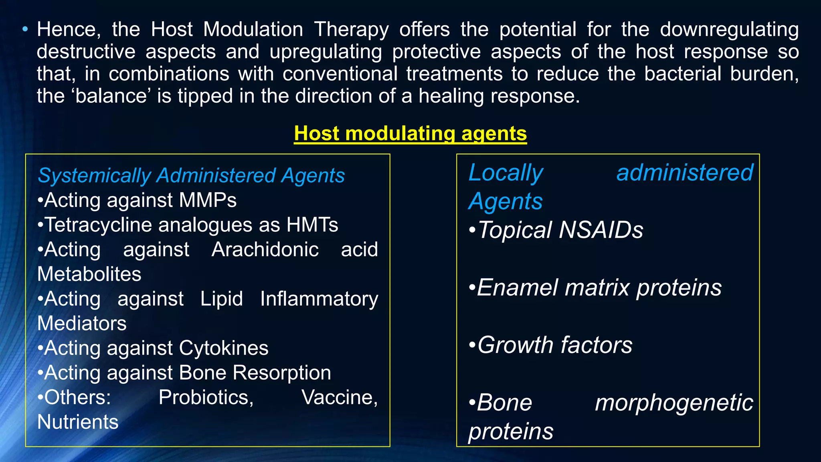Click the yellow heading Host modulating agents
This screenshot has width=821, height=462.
[x=410, y=134]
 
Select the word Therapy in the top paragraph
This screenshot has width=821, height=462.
[x=351, y=30]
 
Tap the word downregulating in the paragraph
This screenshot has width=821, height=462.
[x=729, y=30]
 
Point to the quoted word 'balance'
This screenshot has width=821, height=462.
[x=111, y=96]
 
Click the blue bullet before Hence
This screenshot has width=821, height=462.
[x=25, y=29]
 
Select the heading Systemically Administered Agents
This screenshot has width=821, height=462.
[x=191, y=176]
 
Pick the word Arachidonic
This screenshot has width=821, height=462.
[x=265, y=249]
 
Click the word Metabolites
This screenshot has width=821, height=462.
[x=89, y=274]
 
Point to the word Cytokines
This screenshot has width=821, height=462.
[x=224, y=348]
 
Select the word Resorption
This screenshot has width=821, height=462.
[x=282, y=373]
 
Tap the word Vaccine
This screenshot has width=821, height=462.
[x=339, y=397]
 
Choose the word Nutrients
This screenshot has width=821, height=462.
[x=78, y=422]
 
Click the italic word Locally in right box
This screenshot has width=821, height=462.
[x=506, y=173]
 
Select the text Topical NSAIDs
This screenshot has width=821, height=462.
[x=560, y=230]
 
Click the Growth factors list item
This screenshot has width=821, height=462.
[x=554, y=345]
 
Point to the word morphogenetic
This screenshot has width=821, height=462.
[x=674, y=403]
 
